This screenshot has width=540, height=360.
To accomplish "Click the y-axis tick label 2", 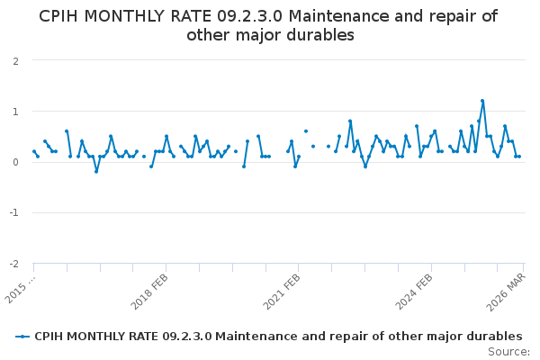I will click(15, 61).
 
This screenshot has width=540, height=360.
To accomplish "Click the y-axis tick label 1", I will click(15, 112).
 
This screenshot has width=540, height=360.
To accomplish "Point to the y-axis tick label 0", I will click(15, 162).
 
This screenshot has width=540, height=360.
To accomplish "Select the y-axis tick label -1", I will click(13, 213).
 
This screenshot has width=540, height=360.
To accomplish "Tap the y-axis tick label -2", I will click(13, 264).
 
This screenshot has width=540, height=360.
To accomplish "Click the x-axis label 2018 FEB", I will click(151, 292).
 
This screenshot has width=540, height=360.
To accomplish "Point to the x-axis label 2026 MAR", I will click(508, 292).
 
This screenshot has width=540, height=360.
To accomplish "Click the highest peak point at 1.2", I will click(482, 101).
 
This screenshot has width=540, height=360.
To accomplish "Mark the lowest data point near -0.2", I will click(96, 171).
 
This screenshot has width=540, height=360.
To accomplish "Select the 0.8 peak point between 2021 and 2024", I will click(350, 121).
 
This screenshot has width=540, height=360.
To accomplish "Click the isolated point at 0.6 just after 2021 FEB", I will click(306, 131).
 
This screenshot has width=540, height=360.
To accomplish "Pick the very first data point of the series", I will click(34, 151).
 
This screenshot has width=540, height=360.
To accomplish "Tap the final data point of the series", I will click(519, 157).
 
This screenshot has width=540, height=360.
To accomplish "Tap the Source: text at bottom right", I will click(509, 352).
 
